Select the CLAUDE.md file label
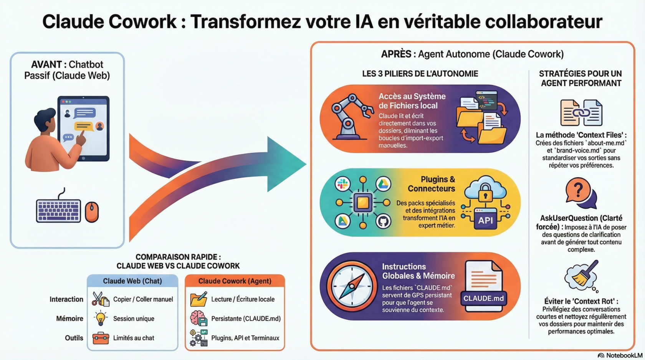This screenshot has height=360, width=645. click(483, 299)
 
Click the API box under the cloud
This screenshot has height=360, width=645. click(485, 220)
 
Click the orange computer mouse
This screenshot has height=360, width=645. click(92, 212)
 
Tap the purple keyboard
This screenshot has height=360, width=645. click(58, 211)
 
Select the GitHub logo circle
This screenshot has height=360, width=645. click(383, 221)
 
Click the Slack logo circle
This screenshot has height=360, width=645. click(342, 184)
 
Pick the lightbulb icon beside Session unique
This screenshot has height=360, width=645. click(101, 318)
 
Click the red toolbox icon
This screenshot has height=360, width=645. click(101, 338)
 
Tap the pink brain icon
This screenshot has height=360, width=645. click(198, 318)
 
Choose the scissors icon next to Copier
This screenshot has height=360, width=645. click(100, 299)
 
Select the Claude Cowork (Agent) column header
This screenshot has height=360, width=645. click(235, 281)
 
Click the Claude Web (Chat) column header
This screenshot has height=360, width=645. click(132, 281)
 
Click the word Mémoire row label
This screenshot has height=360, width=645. click(69, 319)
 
